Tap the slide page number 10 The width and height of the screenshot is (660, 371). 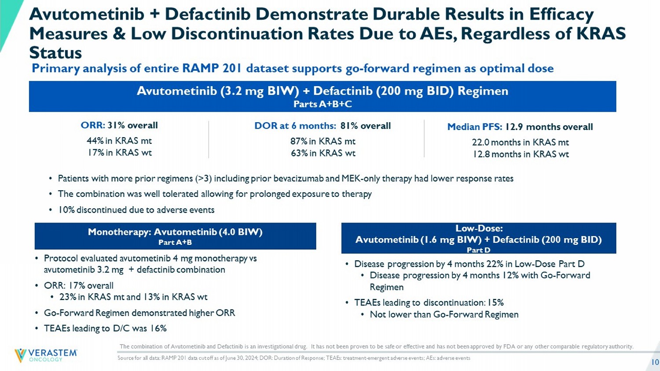click(x=655, y=362)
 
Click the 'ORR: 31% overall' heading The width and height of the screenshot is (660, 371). click(x=119, y=125)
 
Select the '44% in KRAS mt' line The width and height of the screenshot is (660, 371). click(x=119, y=141)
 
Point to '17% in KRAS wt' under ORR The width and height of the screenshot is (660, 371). click(x=119, y=153)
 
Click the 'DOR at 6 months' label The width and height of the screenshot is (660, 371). click(x=295, y=126)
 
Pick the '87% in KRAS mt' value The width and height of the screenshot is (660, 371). click(x=323, y=141)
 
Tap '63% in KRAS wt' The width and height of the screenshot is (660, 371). click(x=323, y=153)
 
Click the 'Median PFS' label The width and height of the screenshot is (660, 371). click(x=474, y=127)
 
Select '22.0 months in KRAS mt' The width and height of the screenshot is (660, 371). click(x=520, y=142)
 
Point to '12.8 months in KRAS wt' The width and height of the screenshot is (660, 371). click(x=520, y=154)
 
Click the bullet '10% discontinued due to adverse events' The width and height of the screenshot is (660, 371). click(x=136, y=210)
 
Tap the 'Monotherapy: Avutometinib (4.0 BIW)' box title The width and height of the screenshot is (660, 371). click(x=175, y=232)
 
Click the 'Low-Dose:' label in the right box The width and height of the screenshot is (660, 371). click(x=479, y=228)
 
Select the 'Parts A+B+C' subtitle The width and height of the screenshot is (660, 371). click(x=323, y=104)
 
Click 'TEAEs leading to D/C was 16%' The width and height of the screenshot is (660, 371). click(x=105, y=328)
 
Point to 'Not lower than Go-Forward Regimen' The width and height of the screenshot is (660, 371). click(x=444, y=314)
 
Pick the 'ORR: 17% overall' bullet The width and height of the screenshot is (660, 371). click(x=79, y=285)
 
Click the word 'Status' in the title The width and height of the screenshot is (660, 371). click(x=55, y=53)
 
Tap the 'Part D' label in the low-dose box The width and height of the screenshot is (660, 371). click(x=478, y=250)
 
